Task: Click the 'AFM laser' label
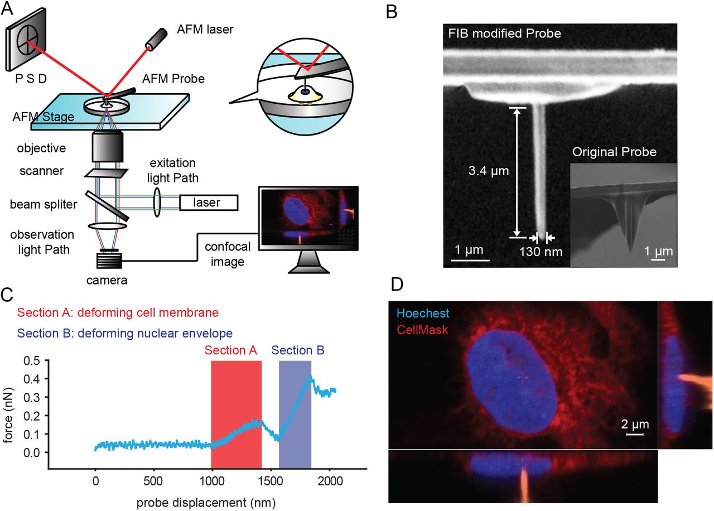click(x=205, y=30)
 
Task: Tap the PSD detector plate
click(x=26, y=40)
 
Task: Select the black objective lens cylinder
click(x=108, y=147)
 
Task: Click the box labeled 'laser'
click(x=209, y=203)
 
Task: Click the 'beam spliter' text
click(x=44, y=204)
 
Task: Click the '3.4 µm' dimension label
click(x=488, y=171)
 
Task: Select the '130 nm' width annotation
click(x=541, y=252)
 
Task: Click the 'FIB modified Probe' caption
click(x=505, y=33)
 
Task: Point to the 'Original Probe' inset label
click(x=614, y=152)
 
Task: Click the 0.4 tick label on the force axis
click(x=32, y=379)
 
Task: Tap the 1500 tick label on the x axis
click(x=271, y=481)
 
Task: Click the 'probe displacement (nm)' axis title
click(x=206, y=503)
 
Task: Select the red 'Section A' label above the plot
click(x=231, y=350)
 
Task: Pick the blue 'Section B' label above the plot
click(x=298, y=350)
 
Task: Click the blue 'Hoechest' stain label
click(x=423, y=314)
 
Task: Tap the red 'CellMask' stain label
click(x=422, y=330)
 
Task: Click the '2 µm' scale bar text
click(x=635, y=425)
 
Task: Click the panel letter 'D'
click(x=397, y=285)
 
